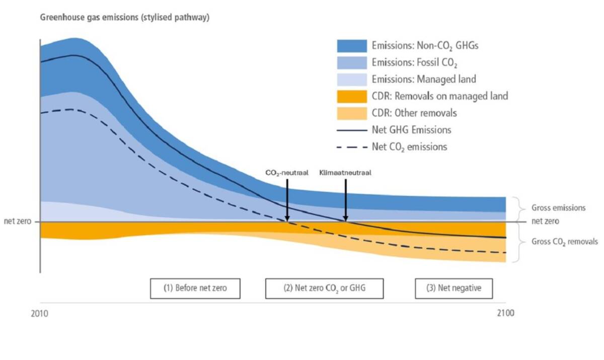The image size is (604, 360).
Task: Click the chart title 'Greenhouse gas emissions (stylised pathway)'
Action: pos(124,18)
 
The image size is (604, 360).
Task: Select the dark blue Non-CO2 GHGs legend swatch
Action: pos(352,45)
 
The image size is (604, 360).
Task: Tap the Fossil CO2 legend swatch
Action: pos(352,62)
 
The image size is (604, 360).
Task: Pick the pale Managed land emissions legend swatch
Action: pos(352,79)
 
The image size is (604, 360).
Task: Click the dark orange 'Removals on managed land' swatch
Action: pos(352,96)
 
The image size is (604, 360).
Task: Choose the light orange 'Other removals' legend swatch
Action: pos(352,113)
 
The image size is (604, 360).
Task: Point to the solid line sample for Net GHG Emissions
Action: pos(352,130)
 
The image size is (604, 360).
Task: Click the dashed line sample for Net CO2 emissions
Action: pos(352,147)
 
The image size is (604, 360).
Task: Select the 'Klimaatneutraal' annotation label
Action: pos(345,172)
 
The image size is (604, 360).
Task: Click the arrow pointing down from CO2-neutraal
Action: pos(286,199)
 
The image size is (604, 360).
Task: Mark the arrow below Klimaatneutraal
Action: pos(345,199)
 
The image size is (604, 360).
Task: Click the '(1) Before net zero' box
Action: pos(195,289)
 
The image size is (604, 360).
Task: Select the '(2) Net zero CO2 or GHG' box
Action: pos(324,289)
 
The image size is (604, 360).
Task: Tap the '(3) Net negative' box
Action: pos(454,289)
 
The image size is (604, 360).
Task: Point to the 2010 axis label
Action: pos(39,313)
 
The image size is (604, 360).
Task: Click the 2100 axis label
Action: pos(505,313)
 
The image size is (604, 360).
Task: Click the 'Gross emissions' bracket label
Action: pos(558,207)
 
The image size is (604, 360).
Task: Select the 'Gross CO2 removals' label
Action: pos(564,242)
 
